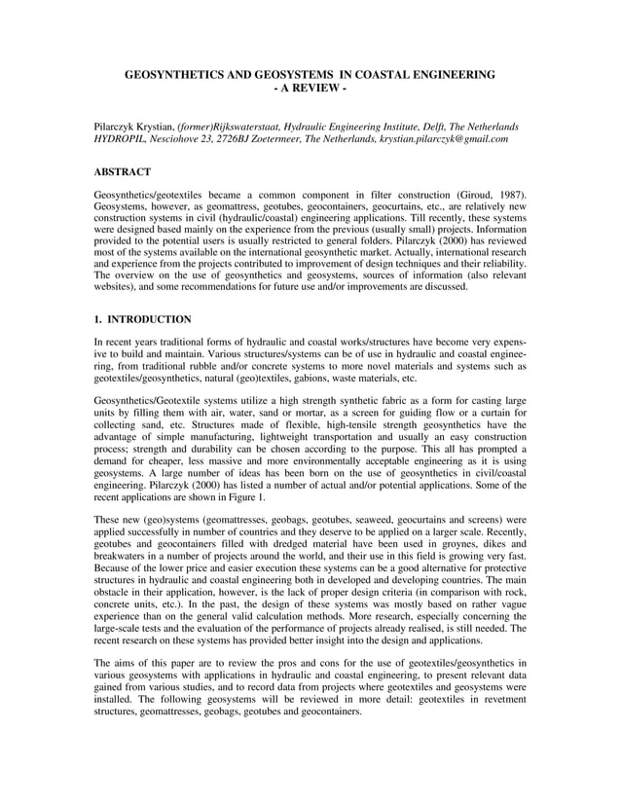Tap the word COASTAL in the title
(x=382, y=74)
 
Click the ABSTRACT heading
(x=122, y=171)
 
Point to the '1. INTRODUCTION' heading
(x=142, y=319)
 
